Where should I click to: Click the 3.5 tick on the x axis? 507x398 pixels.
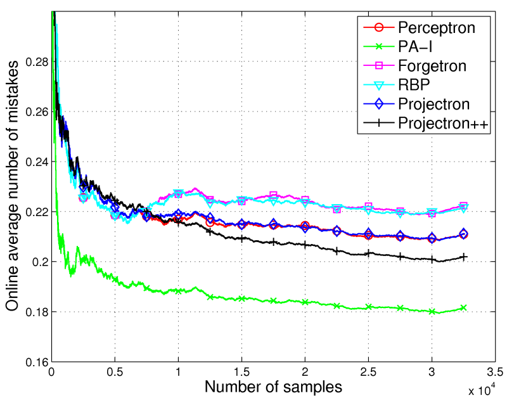(495, 371)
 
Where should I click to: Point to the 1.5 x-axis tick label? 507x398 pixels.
(241, 371)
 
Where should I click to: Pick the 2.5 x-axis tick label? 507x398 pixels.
(368, 371)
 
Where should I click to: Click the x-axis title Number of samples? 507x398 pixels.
(273, 385)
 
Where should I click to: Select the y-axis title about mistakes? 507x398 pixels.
(12, 190)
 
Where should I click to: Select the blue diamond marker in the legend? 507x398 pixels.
(378, 104)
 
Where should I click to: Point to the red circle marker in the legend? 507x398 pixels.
(378, 27)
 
